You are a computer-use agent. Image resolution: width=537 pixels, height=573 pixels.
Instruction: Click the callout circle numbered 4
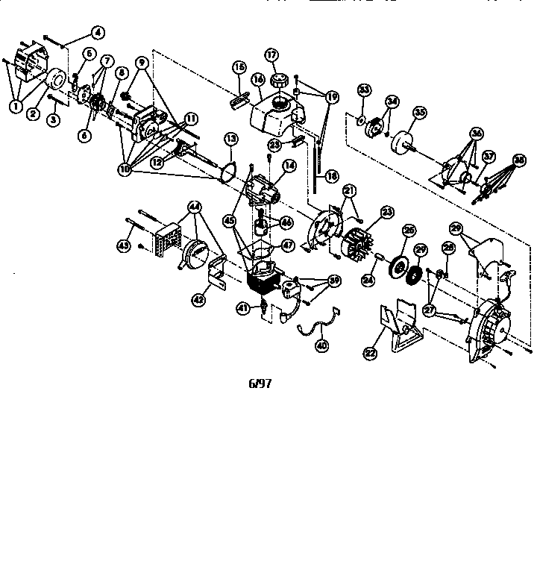(x=97, y=31)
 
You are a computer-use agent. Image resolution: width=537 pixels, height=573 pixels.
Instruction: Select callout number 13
(x=231, y=138)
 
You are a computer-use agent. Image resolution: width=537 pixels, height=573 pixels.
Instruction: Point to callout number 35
(x=420, y=113)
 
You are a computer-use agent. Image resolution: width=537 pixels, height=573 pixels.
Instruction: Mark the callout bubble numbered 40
(x=322, y=345)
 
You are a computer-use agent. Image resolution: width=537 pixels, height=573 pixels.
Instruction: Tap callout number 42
(x=198, y=298)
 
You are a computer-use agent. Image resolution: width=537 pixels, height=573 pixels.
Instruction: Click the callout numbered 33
(x=364, y=90)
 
